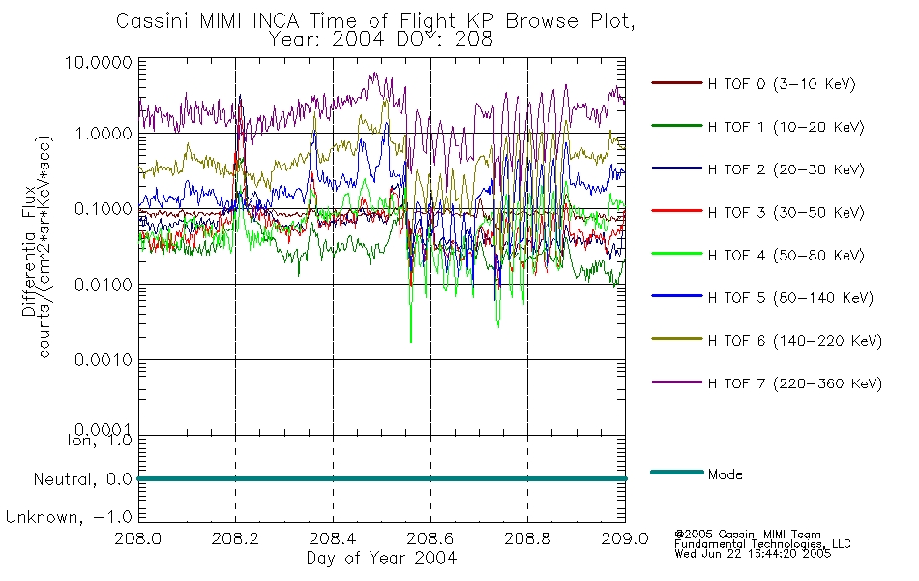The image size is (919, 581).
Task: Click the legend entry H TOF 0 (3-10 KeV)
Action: [x=782, y=84]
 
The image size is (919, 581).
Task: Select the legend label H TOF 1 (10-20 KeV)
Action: [x=786, y=127]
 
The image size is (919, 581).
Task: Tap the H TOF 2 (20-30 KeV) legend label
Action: [x=786, y=169]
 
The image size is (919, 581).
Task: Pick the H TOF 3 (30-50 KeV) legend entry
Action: [x=786, y=212]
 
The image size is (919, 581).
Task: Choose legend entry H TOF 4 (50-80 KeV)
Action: [x=786, y=256]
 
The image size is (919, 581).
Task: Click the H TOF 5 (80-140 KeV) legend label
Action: [x=790, y=298]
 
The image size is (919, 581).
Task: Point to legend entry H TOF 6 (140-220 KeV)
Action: [x=795, y=341]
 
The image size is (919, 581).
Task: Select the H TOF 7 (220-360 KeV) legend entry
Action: [x=795, y=383]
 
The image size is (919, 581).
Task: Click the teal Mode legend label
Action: [x=725, y=474]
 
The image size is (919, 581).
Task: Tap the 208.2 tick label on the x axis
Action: [x=235, y=538]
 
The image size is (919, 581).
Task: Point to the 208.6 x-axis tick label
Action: [x=430, y=538]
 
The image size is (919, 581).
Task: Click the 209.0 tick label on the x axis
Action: [x=625, y=538]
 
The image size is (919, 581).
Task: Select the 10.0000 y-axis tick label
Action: [x=99, y=62]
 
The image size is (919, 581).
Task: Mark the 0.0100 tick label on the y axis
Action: [x=104, y=285]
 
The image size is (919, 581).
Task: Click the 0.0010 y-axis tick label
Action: [x=104, y=360]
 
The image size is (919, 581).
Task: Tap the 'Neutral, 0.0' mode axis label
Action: [x=82, y=480]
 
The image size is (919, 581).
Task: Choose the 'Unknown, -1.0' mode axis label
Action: [x=69, y=518]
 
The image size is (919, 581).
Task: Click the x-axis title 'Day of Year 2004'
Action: [x=381, y=558]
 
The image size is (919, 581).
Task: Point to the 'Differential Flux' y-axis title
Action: [x=29, y=251]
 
